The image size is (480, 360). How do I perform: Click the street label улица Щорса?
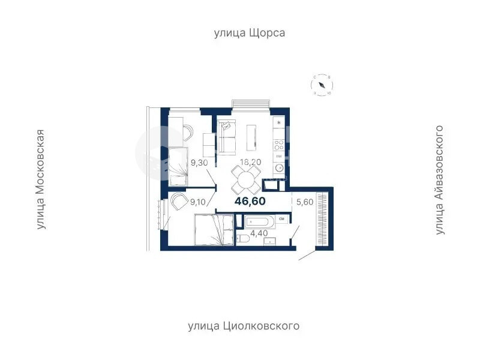click(x=250, y=33)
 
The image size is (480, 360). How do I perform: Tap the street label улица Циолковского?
click(x=244, y=326)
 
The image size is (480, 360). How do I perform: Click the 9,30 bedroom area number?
click(x=200, y=162)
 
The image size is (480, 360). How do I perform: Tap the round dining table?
click(x=246, y=178)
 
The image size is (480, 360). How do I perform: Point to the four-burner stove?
click(x=278, y=144)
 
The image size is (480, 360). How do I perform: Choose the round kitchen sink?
click(x=278, y=169)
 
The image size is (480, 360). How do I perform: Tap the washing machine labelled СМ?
click(x=281, y=220)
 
